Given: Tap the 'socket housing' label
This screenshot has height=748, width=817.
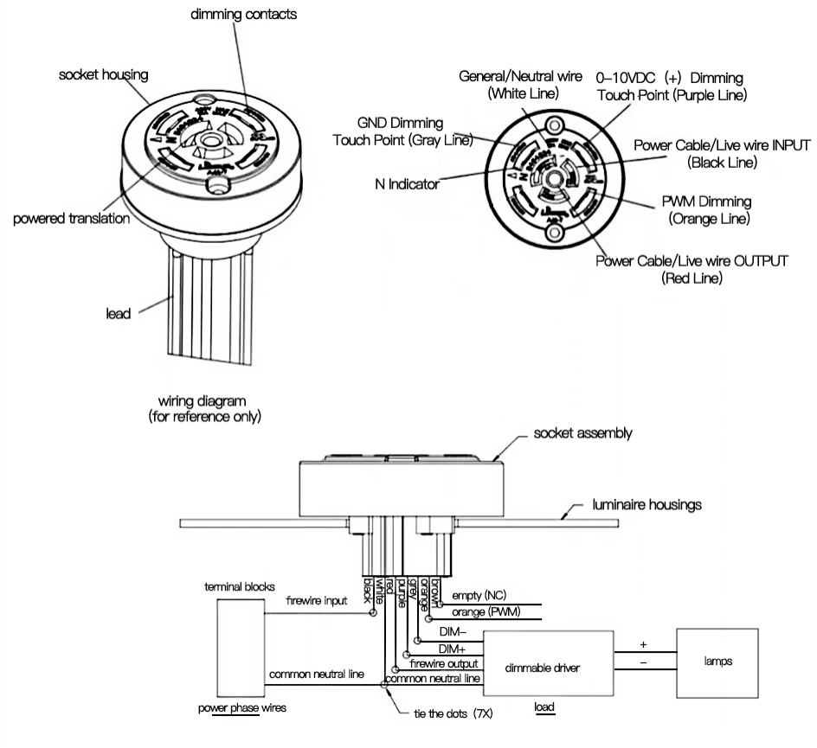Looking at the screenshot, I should click(x=103, y=75).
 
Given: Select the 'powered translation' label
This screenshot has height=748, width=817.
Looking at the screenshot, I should click(x=71, y=219).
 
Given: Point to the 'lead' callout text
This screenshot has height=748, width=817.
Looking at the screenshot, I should click(x=118, y=313).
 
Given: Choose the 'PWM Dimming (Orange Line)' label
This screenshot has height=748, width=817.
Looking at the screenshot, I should click(x=707, y=210).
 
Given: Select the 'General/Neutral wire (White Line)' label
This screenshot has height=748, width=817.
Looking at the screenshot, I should click(x=521, y=85).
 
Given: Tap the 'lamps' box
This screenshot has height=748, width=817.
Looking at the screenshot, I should click(x=718, y=662).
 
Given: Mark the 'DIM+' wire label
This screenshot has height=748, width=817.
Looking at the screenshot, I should click(x=453, y=648).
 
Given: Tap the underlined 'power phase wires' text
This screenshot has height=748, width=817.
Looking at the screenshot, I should click(x=242, y=706).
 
